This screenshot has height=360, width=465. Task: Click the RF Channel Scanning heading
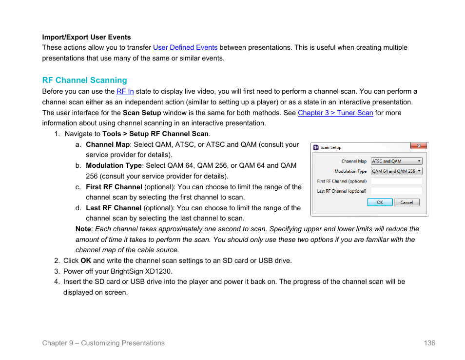84,80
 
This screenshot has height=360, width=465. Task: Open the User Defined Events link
185,48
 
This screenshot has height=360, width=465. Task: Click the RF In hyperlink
125,92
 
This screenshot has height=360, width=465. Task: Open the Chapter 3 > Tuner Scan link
335,113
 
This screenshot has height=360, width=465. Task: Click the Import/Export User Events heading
86,37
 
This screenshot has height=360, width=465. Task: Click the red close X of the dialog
418,146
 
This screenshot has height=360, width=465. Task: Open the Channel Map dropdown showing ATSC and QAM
396,161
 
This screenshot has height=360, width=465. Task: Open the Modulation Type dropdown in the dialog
396,171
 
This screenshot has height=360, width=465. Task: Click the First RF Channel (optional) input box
396,181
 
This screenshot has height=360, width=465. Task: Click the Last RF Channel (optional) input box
396,191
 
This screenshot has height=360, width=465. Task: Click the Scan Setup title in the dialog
330,147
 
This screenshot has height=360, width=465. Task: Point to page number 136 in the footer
429,343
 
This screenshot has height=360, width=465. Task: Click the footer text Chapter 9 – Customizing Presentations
103,343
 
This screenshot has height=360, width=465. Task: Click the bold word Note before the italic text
83,229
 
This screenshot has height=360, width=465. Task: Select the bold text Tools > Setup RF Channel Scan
155,134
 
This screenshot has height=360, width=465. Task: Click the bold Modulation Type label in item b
114,166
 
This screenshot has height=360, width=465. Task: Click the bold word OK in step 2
86,260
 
